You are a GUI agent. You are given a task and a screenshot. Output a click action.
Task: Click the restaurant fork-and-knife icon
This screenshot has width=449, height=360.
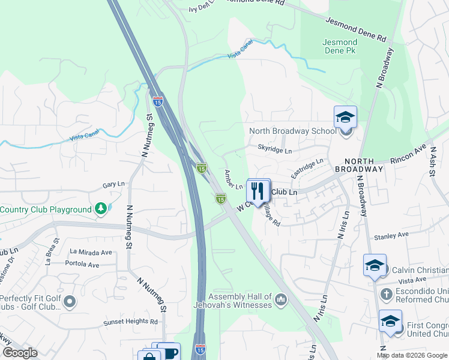[259, 191]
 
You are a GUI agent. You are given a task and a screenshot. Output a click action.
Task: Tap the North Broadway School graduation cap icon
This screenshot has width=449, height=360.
[345, 117]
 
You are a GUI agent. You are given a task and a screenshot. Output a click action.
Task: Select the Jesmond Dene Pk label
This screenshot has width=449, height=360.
[340, 47]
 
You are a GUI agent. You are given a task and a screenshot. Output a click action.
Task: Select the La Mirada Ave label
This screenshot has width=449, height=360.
[91, 252]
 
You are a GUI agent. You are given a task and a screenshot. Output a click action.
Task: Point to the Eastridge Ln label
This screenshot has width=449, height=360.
[307, 167]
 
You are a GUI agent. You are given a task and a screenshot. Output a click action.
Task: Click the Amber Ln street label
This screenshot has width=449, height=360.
[233, 180]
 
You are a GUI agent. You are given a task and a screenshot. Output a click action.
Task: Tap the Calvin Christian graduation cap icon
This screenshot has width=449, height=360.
[375, 265]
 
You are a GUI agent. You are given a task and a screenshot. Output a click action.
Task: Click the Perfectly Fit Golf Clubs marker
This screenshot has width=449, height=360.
[70, 302]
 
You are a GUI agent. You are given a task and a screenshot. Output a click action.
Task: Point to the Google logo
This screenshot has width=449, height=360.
[20, 353]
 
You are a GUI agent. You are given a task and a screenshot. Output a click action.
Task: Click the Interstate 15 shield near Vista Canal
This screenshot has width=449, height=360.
[157, 102]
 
